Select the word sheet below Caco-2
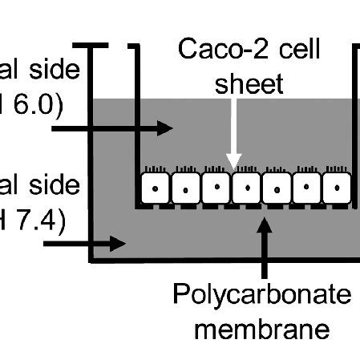click(x=252, y=83)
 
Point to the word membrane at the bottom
click(x=262, y=328)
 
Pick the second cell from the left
click(x=185, y=188)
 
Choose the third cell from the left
click(x=216, y=188)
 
